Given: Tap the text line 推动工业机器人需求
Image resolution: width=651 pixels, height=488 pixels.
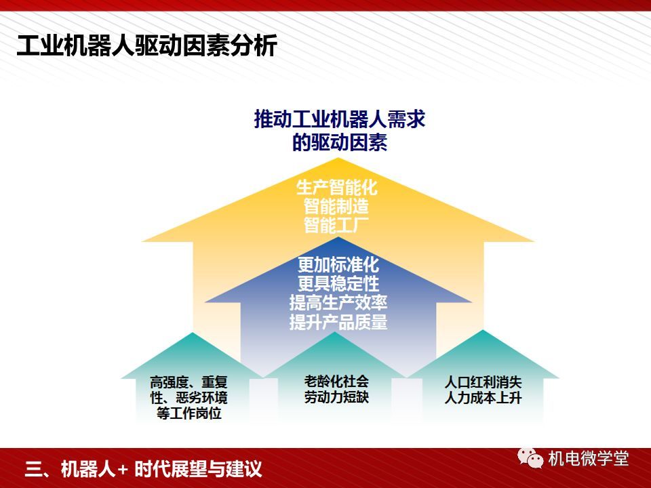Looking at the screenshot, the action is click(340, 119).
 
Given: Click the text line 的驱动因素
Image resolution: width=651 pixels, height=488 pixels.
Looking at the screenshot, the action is click(340, 142).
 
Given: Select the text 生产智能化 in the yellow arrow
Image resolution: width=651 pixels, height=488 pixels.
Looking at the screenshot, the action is click(337, 187).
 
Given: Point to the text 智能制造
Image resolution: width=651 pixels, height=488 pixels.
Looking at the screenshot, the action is click(337, 206).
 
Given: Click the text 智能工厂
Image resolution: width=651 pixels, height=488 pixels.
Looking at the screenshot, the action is click(337, 225).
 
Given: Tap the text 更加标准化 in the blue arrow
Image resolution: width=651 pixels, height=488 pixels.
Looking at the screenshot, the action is click(338, 264).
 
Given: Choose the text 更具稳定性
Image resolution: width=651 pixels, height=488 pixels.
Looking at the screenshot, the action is click(338, 283).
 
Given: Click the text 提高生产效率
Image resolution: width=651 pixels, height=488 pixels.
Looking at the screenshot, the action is click(338, 302).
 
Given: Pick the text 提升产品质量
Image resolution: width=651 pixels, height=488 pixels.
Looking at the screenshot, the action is click(338, 322).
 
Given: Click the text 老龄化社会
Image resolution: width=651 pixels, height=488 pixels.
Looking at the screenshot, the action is click(337, 381).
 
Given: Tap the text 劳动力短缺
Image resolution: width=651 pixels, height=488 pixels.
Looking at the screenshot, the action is click(337, 397).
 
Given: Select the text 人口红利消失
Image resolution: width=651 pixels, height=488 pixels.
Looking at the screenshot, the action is click(483, 382).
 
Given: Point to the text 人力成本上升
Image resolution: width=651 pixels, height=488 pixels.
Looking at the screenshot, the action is click(483, 398).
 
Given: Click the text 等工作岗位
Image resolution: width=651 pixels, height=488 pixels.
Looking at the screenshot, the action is click(189, 413).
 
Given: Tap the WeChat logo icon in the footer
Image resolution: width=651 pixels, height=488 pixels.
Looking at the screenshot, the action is click(530, 457).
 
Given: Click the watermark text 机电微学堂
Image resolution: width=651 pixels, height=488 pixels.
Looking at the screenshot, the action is click(589, 459).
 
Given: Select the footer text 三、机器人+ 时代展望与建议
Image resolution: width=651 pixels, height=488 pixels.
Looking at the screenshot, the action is click(144, 469).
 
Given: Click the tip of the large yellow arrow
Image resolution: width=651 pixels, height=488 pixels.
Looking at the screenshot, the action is click(338, 158).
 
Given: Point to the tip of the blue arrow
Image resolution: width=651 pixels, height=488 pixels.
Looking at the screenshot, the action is click(338, 237).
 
